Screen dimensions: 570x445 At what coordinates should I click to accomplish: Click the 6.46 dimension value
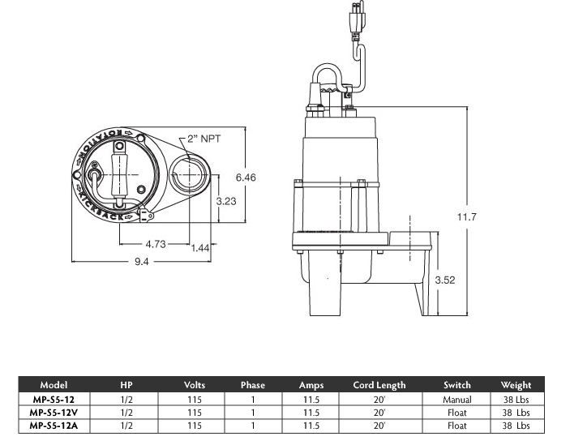coord(246,178)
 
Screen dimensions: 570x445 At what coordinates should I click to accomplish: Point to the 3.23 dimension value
coord(226,201)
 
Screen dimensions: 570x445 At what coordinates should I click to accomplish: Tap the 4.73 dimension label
coord(156,244)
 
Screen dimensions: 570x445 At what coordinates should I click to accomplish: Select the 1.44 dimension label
coord(200,248)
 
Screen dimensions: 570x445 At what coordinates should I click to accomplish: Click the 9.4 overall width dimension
coord(141,262)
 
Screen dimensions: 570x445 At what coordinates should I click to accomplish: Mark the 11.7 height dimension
coord(466,217)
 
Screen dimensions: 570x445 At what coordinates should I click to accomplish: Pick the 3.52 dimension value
coord(445,280)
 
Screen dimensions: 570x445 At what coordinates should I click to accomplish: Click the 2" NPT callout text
coord(204,139)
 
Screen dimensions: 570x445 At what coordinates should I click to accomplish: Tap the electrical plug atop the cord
coord(357,18)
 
